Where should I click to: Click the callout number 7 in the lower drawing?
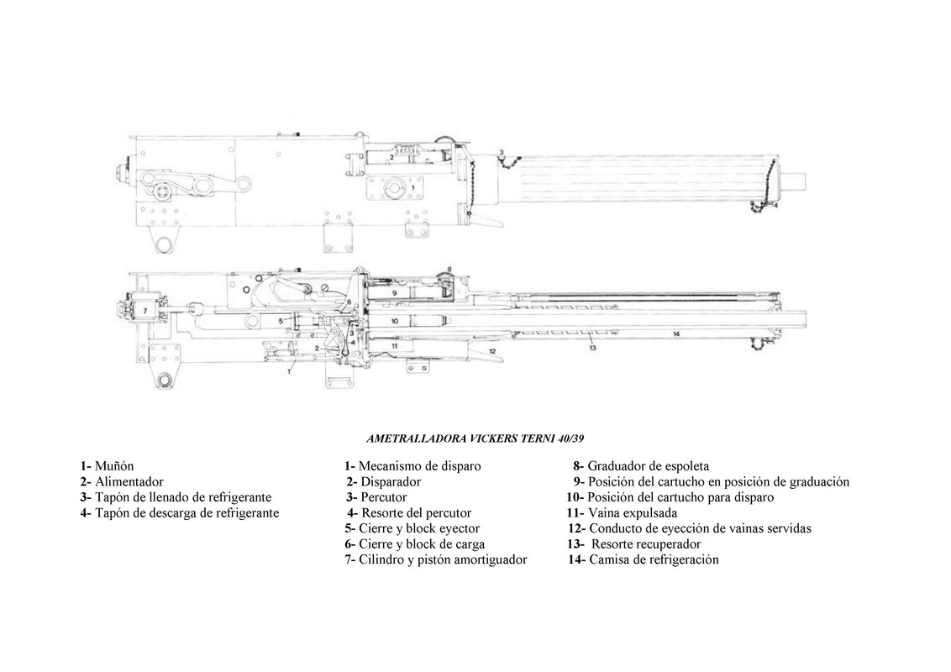pos(144,310)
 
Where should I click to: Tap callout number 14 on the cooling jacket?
pos(675,333)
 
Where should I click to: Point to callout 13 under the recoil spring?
pos(592,347)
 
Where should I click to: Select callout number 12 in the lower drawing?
pos(493,350)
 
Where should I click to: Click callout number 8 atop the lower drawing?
pos(449,269)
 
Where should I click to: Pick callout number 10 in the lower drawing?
pos(395,320)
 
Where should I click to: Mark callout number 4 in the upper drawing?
pos(775,204)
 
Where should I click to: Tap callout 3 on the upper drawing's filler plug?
pos(501,152)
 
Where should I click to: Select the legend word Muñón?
pos(114,466)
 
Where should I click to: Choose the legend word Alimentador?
pos(129,482)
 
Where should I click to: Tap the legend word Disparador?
pos(391,482)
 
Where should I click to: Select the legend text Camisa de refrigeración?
pos(654,560)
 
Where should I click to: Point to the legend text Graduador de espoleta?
pos(648,466)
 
